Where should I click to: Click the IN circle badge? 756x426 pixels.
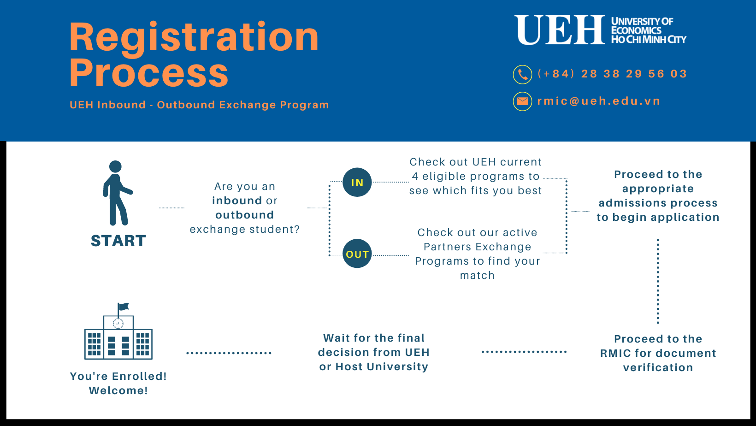[357, 182]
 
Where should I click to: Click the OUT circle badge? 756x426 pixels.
[357, 254]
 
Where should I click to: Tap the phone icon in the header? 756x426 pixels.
[522, 74]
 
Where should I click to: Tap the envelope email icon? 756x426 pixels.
[522, 101]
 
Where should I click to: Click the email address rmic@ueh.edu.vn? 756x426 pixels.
[599, 101]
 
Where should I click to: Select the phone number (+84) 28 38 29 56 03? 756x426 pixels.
[613, 74]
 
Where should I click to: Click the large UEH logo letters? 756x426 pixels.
[560, 30]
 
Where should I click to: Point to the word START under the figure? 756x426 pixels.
[118, 241]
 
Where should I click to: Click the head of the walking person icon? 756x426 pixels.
[115, 166]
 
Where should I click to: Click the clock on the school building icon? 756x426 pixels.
[118, 323]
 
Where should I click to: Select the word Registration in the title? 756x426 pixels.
[194, 37]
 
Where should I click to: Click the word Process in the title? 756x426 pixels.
[149, 72]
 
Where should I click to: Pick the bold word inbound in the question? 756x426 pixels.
[237, 201]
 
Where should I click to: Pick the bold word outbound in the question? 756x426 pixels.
[245, 215]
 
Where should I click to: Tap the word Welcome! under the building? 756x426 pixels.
[118, 390]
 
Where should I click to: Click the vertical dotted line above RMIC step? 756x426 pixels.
[658, 281]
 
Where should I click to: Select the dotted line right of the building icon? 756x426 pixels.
[229, 353]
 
